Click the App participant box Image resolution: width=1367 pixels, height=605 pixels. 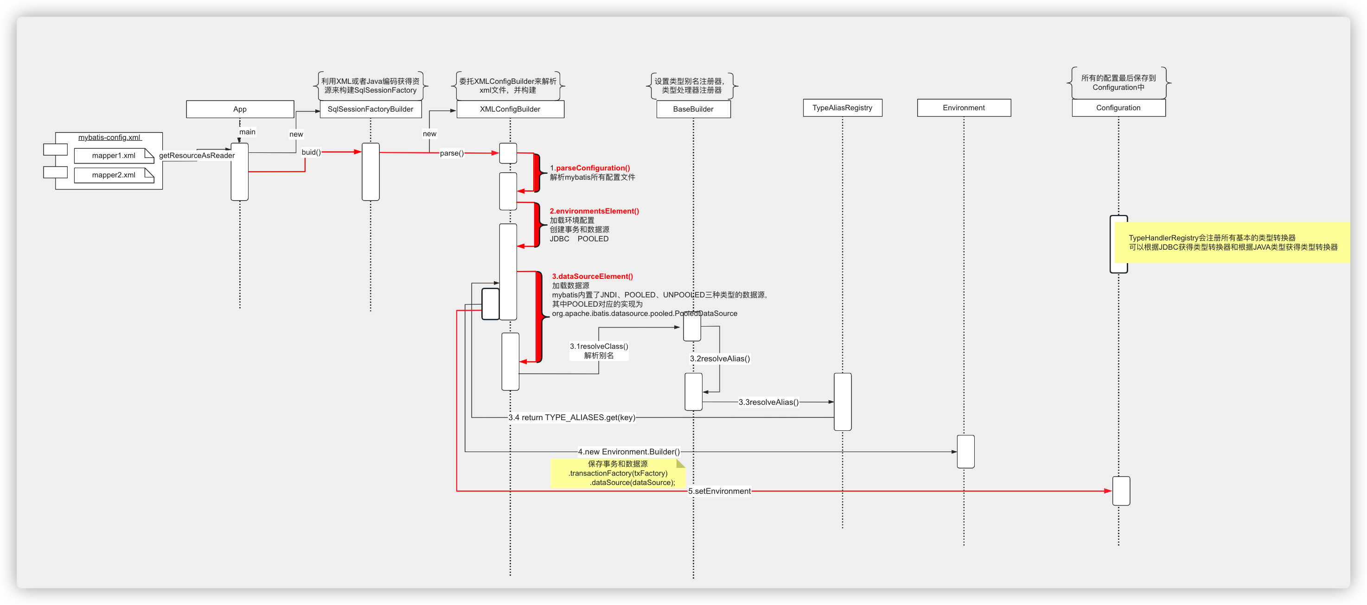pyautogui.click(x=240, y=109)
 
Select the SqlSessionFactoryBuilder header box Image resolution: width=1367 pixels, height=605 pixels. pyautogui.click(x=370, y=109)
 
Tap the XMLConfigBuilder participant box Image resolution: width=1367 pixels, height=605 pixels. pyautogui.click(x=510, y=109)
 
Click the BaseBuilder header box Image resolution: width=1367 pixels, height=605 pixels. pyautogui.click(x=693, y=109)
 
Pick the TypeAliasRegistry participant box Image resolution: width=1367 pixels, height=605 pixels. pyautogui.click(x=842, y=107)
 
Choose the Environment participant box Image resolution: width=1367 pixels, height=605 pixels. pyautogui.click(x=964, y=107)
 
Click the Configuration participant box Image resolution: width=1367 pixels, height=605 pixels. pyautogui.click(x=1118, y=107)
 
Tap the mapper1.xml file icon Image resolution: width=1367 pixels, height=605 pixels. pyautogui.click(x=114, y=155)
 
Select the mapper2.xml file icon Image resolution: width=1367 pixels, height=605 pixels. pyautogui.click(x=114, y=175)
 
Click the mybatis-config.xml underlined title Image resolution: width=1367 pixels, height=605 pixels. pyautogui.click(x=109, y=137)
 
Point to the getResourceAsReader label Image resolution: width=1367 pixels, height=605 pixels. pyautogui.click(x=197, y=155)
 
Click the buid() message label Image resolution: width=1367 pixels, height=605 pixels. pyautogui.click(x=311, y=152)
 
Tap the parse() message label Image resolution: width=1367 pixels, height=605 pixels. pyautogui.click(x=452, y=153)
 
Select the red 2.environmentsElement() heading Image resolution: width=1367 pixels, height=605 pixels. pyautogui.click(x=594, y=211)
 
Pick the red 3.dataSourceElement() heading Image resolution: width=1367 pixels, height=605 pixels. pyautogui.click(x=592, y=276)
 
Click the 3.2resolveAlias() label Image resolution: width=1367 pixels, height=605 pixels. pyautogui.click(x=720, y=359)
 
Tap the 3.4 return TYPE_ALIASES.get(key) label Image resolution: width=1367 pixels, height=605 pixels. pyautogui.click(x=572, y=417)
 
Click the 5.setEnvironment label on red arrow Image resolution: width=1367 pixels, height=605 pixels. pyautogui.click(x=719, y=491)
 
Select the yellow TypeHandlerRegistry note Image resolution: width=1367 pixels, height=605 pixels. pyautogui.click(x=1232, y=242)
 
